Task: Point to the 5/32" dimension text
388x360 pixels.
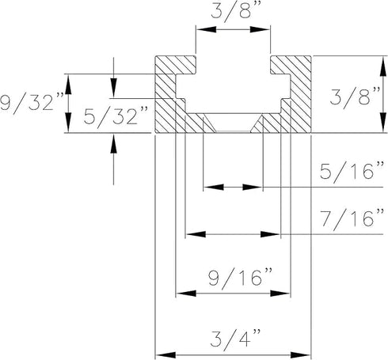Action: pos(116,119)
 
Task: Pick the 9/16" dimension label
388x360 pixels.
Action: pos(235,277)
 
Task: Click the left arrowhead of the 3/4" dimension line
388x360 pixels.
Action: pos(160,354)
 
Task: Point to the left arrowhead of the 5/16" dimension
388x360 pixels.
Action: pos(208,188)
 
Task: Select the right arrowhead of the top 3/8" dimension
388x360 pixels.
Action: pos(266,30)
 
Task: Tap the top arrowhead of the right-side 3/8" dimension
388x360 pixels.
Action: pos(382,61)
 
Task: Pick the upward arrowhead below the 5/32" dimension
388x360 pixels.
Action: pos(114,140)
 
